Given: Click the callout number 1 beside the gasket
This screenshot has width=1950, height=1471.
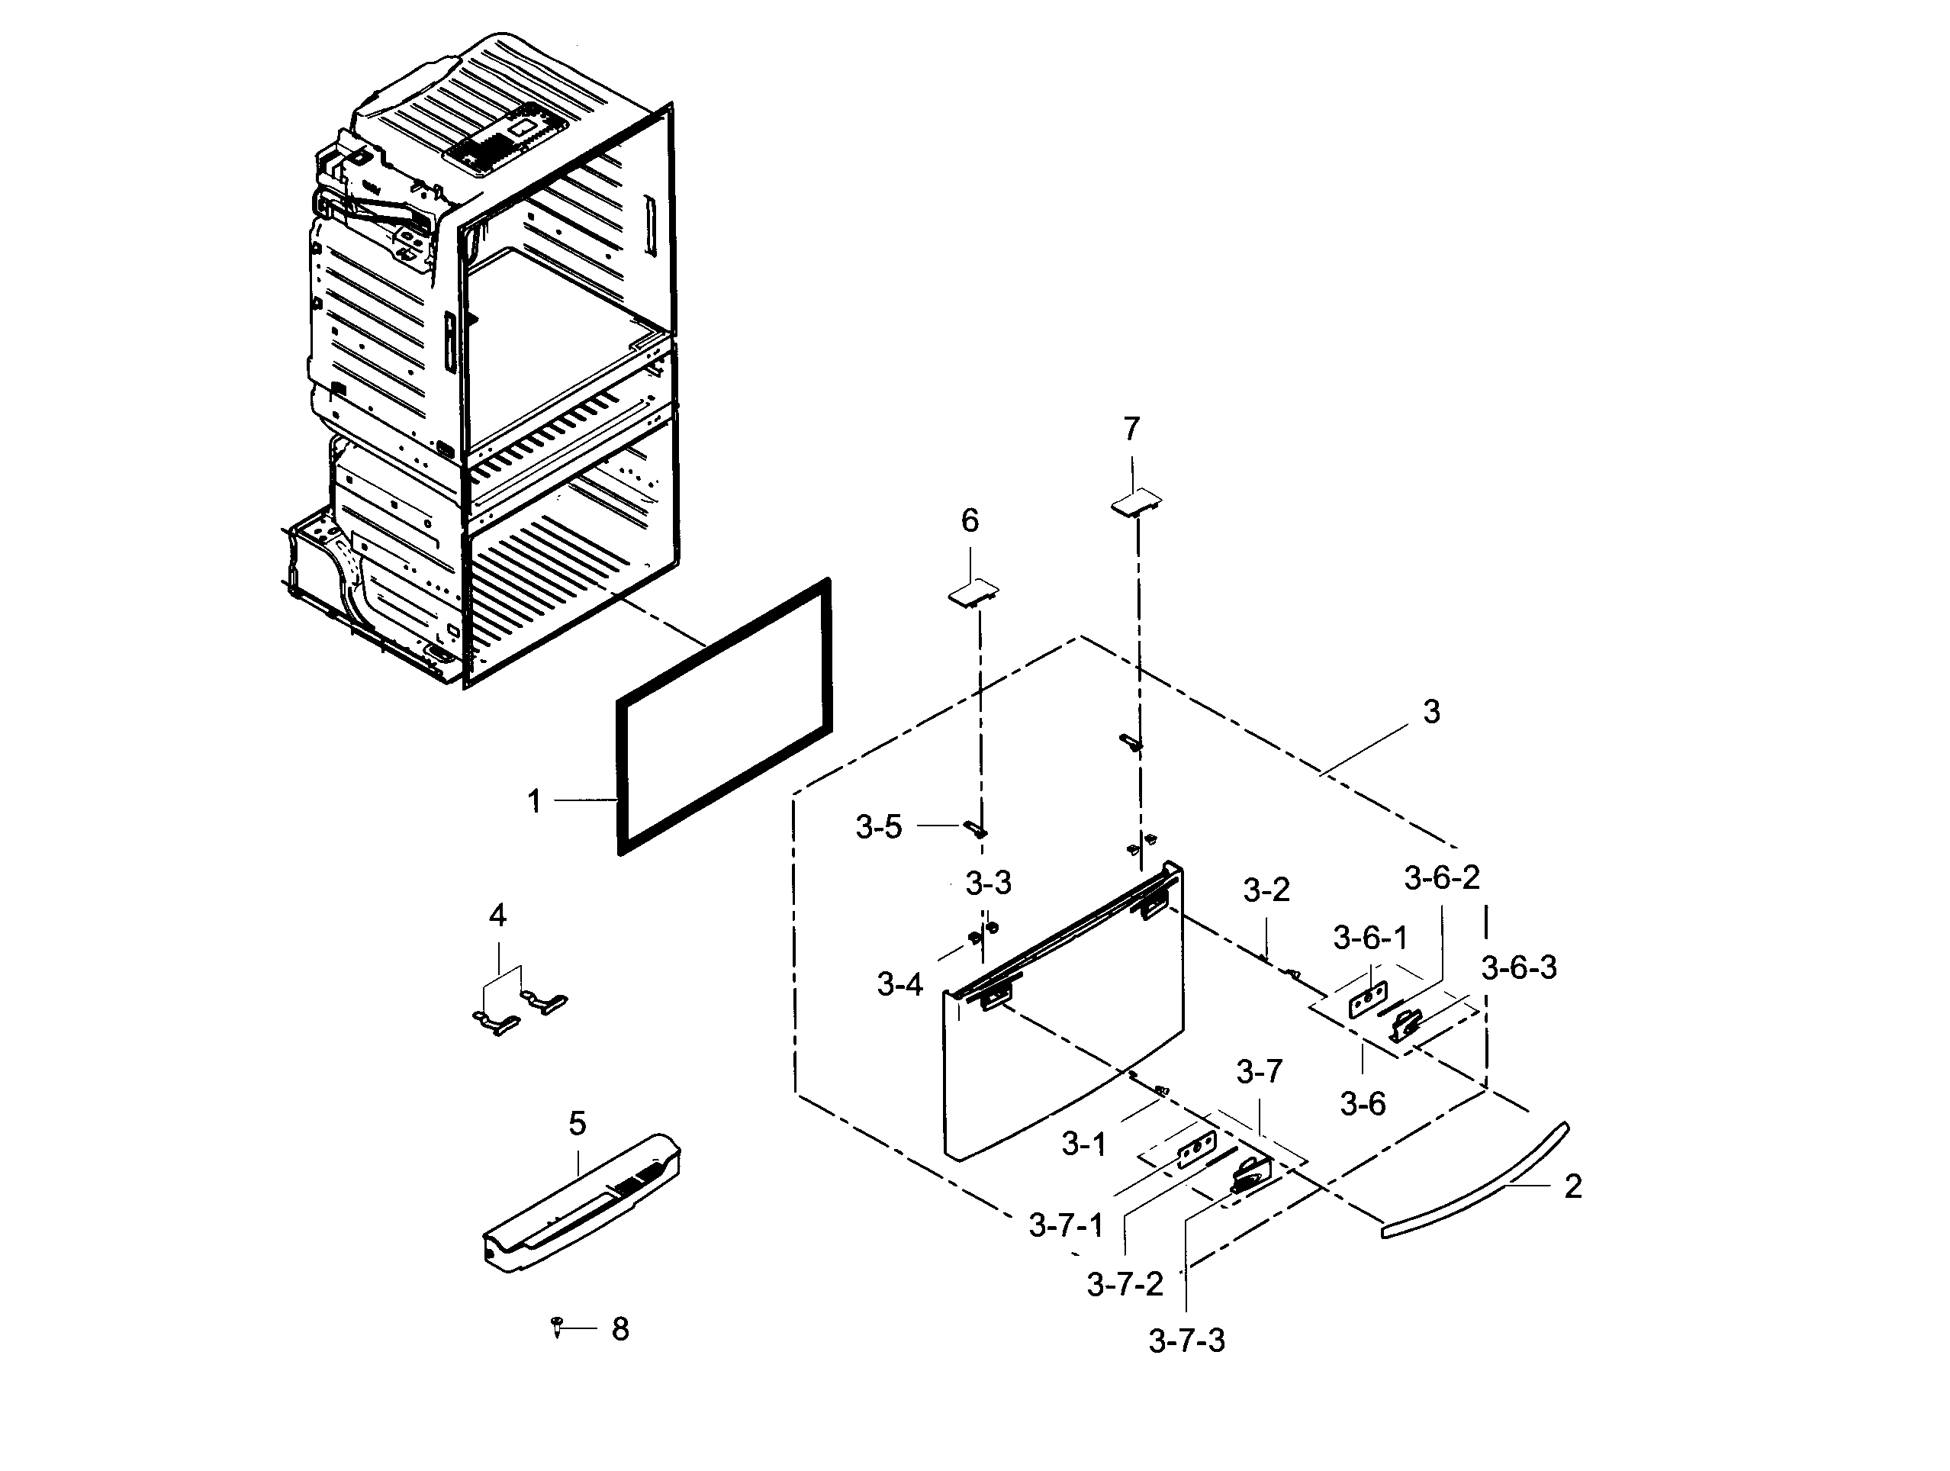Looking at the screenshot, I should (534, 802).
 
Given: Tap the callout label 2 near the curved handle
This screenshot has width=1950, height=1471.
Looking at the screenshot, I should (1572, 1187).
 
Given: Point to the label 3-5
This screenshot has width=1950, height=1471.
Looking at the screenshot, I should (879, 827).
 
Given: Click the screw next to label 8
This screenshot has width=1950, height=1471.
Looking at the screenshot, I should (557, 1325).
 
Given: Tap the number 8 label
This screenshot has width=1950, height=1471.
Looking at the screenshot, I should (620, 1329).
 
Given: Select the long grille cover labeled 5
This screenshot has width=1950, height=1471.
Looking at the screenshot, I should (582, 1203).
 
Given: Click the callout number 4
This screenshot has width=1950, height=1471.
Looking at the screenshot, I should (497, 916).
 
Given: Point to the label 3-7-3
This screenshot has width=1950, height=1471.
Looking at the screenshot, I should (1186, 1341).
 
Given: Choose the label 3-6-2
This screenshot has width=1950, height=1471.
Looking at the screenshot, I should (1442, 878).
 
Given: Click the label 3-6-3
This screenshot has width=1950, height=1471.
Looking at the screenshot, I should (1519, 967).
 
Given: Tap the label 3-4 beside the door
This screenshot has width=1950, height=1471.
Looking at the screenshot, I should (899, 984).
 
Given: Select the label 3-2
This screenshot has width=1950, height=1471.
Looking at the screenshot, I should (1266, 890).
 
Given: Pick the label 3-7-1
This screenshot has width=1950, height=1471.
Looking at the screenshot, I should (1066, 1225).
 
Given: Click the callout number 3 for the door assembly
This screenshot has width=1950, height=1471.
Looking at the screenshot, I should (1432, 711).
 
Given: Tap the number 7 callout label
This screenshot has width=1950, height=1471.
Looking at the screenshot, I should (1132, 430).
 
